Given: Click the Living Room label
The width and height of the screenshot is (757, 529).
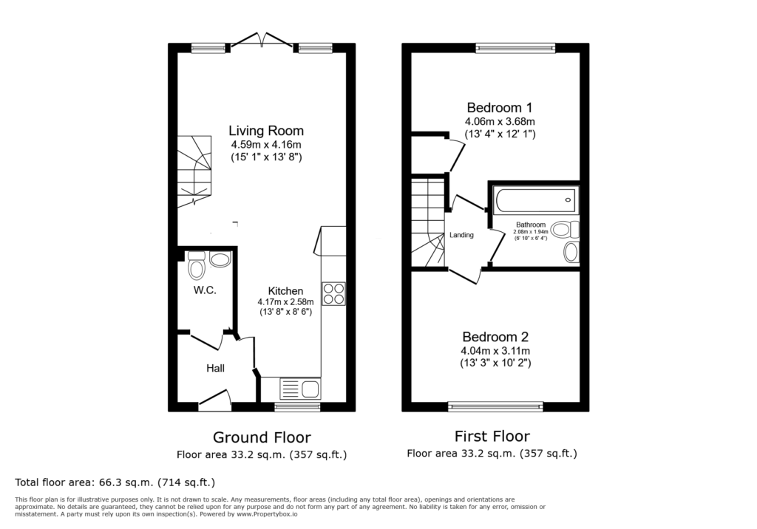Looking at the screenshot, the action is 266,131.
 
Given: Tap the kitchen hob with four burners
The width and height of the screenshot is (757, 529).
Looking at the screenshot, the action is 333,293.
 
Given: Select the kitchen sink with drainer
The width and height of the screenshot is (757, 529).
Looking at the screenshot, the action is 300,389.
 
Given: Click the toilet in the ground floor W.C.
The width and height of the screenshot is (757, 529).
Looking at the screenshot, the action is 197,266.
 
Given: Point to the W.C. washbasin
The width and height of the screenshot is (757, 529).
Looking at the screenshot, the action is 220,260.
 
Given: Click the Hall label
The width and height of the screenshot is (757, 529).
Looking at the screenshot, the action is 215,368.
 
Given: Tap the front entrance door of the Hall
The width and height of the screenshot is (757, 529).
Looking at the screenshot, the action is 215,400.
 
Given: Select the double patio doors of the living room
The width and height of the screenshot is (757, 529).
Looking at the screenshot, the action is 262,40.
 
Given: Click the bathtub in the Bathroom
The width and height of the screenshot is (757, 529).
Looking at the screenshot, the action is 535,200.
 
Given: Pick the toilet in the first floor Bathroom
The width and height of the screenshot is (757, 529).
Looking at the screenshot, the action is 565,229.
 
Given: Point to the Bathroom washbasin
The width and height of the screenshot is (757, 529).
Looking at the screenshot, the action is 571,252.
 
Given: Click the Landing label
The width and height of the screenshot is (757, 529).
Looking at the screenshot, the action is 461,235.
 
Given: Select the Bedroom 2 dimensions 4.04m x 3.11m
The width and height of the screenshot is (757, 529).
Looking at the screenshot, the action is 495,351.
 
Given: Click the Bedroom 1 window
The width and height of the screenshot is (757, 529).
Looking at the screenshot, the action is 515,47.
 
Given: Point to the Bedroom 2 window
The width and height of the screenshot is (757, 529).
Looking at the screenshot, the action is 495,407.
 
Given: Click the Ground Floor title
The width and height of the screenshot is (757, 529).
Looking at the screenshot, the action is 262,438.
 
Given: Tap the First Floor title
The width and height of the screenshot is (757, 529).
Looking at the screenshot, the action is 492,437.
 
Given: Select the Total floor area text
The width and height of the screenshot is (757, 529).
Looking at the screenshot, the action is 115,482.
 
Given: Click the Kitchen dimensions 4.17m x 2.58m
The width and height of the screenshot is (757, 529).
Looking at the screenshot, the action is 285,301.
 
